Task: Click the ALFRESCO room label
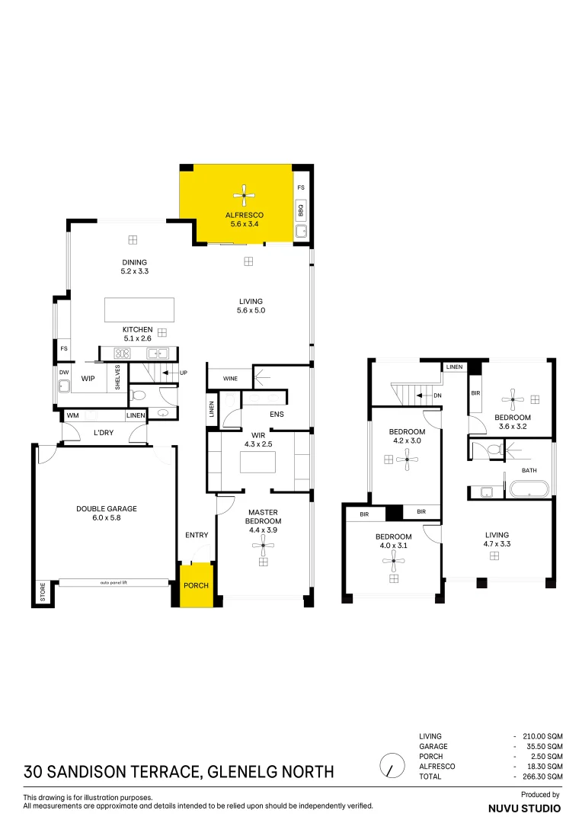pyautogui.click(x=244, y=216)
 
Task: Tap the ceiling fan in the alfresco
pyautogui.click(x=244, y=196)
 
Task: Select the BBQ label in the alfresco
pyautogui.click(x=301, y=207)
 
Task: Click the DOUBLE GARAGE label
pyautogui.click(x=106, y=508)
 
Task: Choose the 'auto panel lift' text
pyautogui.click(x=114, y=583)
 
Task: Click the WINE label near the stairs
pyautogui.click(x=230, y=379)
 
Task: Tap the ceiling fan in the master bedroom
pyautogui.click(x=264, y=543)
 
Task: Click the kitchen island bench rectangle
pyautogui.click(x=139, y=310)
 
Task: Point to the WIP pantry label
pyautogui.click(x=88, y=379)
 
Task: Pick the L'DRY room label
pyautogui.click(x=104, y=433)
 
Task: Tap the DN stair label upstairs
pyautogui.click(x=437, y=395)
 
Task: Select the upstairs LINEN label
pyautogui.click(x=454, y=367)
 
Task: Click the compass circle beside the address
pyautogui.click(x=392, y=764)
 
